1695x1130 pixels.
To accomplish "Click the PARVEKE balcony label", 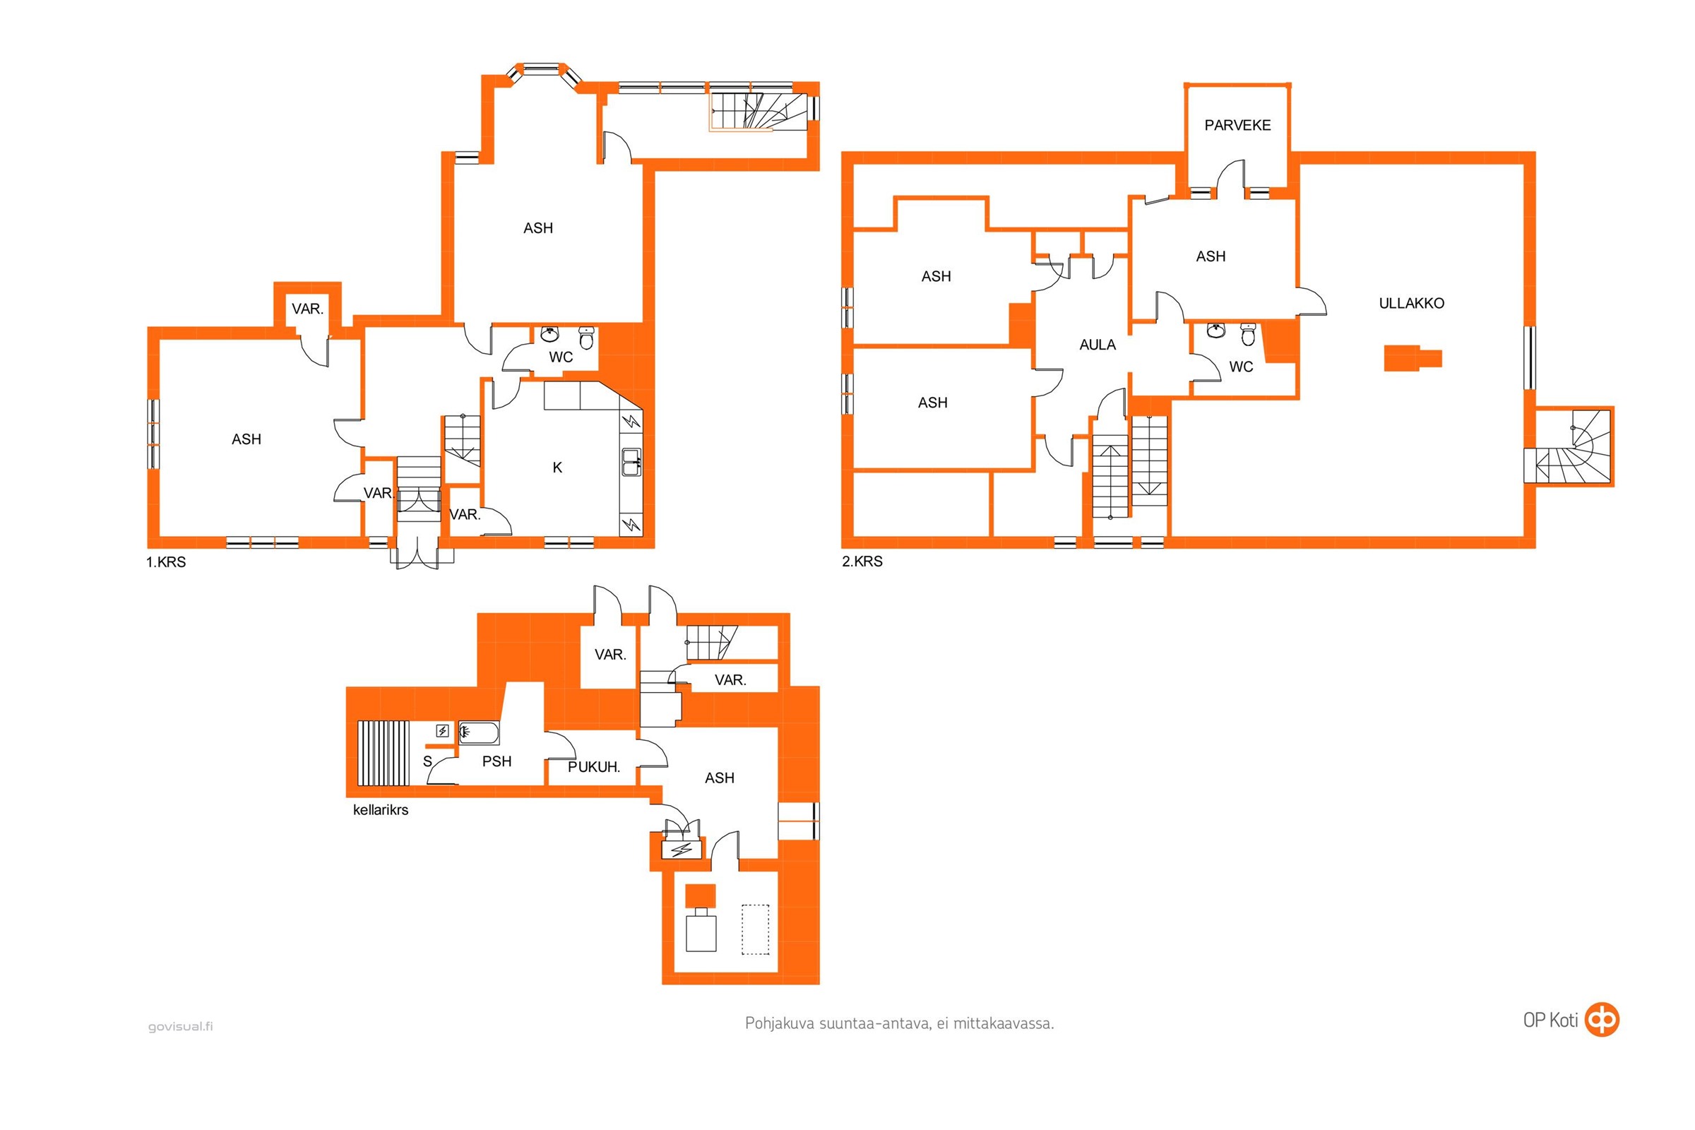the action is [x=1237, y=126].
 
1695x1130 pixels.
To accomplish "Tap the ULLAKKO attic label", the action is [x=1411, y=304].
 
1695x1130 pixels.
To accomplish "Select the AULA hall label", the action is [x=1097, y=345].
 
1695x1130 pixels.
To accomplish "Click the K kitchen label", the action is [x=557, y=468].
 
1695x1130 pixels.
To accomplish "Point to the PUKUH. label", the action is [x=594, y=767].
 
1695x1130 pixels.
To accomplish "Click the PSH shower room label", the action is [x=496, y=761].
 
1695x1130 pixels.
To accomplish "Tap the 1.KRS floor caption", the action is [x=166, y=562].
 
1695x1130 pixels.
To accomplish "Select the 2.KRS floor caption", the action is [x=862, y=561].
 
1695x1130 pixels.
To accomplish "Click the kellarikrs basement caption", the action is [x=381, y=810].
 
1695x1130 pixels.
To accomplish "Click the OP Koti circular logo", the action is [x=1601, y=1019].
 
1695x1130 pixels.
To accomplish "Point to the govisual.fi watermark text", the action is [x=180, y=1026].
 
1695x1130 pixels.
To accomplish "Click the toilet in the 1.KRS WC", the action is [x=587, y=338].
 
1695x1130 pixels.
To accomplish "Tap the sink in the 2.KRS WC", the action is [x=1216, y=331].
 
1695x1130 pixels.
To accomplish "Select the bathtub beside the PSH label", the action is [x=479, y=733].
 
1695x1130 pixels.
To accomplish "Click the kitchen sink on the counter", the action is [x=631, y=462].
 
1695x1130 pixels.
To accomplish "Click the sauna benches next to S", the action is [x=383, y=752].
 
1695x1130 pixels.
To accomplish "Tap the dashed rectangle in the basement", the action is [x=755, y=929].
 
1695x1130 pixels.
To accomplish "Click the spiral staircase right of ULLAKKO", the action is [x=1568, y=447].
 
